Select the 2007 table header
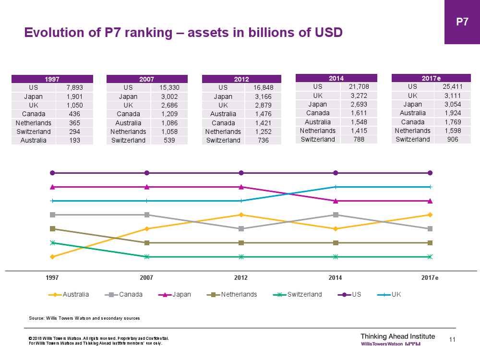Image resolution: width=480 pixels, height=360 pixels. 146,79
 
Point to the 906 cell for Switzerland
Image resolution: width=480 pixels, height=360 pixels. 452,139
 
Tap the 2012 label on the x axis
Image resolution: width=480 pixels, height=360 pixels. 241,278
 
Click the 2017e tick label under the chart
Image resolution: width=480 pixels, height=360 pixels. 430,278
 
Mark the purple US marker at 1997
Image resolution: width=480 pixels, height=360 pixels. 53,173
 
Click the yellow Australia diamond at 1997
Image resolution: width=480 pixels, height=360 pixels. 53,257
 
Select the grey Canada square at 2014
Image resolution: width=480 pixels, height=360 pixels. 336,215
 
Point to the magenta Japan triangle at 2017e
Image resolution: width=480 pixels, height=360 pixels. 430,201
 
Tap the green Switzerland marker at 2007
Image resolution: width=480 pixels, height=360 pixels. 147,257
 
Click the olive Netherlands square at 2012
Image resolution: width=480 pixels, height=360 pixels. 241,243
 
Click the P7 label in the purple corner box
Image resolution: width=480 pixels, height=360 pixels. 462,22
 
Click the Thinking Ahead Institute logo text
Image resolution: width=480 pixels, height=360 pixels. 397,336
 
